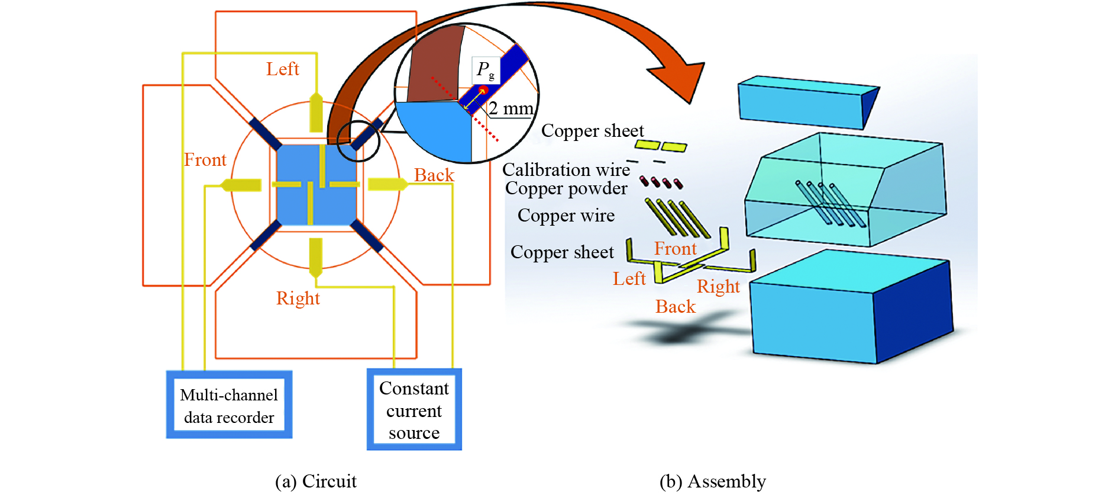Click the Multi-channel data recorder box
pyautogui.click(x=229, y=405)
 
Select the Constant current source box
pyautogui.click(x=414, y=410)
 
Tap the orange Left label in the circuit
pyautogui.click(x=282, y=69)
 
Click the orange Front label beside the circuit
pyautogui.click(x=205, y=160)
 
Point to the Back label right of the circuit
pyautogui.click(x=434, y=175)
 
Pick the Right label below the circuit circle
pyautogui.click(x=298, y=299)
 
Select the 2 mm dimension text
pyautogui.click(x=511, y=108)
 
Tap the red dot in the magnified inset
pyautogui.click(x=483, y=91)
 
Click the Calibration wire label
pyautogui.click(x=566, y=170)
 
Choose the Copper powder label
pyautogui.click(x=566, y=188)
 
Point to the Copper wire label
pyautogui.click(x=566, y=216)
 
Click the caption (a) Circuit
pyautogui.click(x=316, y=482)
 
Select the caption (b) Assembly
pyautogui.click(x=712, y=482)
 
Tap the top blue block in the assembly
pyautogui.click(x=804, y=102)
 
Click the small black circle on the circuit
pyautogui.click(x=358, y=140)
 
